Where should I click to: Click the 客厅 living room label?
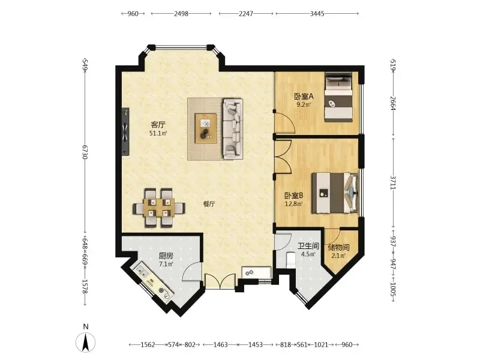click(158, 125)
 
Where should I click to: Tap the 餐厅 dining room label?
click(209, 204)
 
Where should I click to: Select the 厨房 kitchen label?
click(166, 256)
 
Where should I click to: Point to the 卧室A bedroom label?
click(304, 97)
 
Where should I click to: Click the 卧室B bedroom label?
click(293, 196)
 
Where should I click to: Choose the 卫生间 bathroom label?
click(308, 246)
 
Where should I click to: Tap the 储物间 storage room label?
click(338, 247)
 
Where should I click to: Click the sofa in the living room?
click(233, 128)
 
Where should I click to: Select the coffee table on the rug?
click(206, 128)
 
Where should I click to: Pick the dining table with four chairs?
click(159, 208)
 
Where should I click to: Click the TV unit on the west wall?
click(125, 131)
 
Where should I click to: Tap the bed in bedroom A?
click(338, 97)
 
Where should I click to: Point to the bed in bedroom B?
click(335, 193)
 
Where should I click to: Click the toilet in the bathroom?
click(290, 260)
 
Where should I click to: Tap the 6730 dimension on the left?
click(85, 152)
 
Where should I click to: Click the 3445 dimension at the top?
click(317, 13)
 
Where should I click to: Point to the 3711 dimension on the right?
click(394, 182)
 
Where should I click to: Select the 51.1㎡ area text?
click(158, 133)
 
